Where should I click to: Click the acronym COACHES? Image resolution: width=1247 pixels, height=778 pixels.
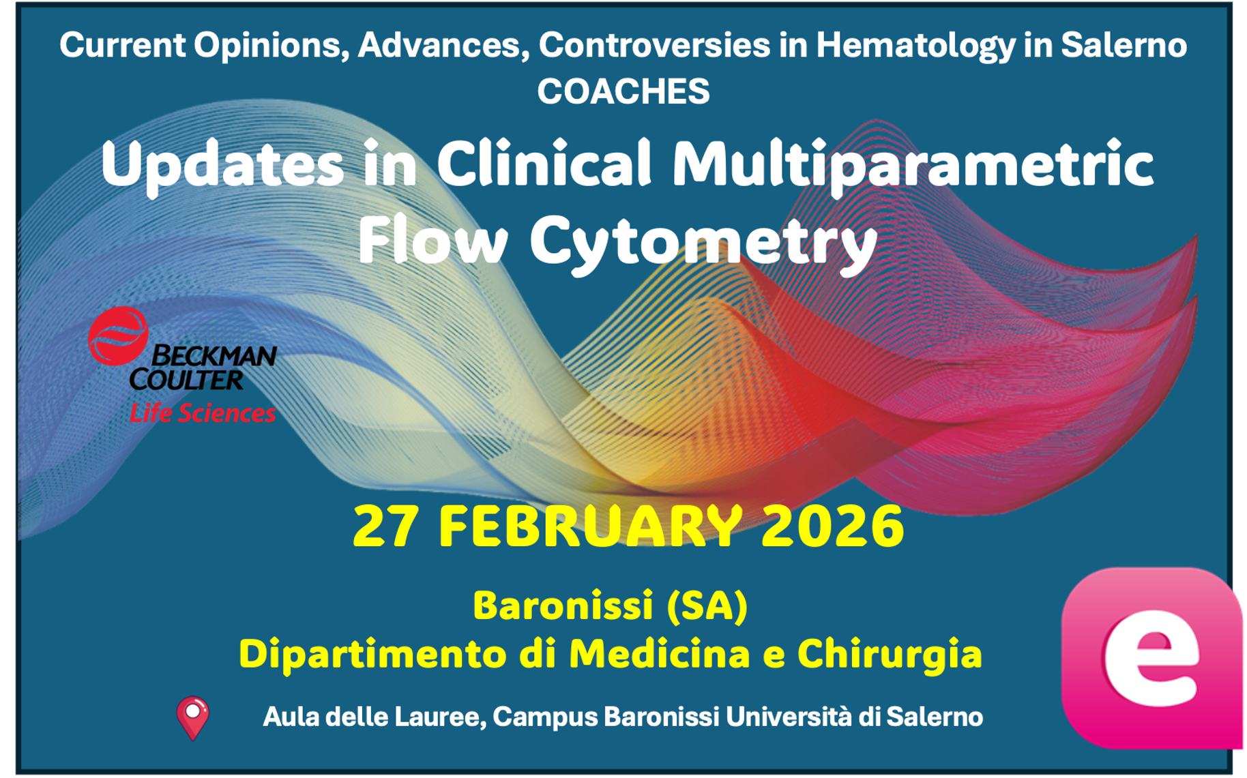point(623,91)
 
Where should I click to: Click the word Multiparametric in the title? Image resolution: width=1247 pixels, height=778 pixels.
point(912,166)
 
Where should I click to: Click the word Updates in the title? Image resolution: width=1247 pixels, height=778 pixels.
point(222,166)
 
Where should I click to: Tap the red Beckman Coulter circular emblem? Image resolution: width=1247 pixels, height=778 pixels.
point(118,335)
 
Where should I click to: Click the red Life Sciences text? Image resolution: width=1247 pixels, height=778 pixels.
point(203,413)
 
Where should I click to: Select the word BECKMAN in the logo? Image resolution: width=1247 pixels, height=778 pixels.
point(214,355)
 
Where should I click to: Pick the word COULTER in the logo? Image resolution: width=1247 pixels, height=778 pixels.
point(186,380)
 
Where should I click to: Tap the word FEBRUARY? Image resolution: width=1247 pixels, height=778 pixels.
point(590,526)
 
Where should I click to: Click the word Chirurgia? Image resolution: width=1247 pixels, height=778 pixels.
point(890,654)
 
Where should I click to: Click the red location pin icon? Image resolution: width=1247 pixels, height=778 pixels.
point(193,717)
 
